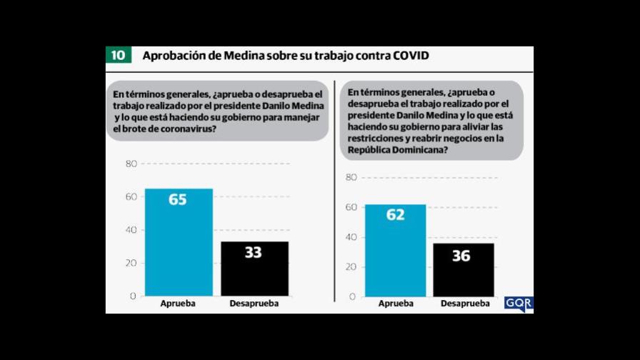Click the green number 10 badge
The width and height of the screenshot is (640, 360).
pos(119,56)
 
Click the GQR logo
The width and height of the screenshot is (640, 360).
pos(519,303)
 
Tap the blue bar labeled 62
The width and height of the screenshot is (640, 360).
pos(395,250)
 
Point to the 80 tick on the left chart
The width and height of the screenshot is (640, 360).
pos(131,164)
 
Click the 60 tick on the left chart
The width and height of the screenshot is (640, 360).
pos(131,196)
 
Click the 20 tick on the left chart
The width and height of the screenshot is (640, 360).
pos(131,263)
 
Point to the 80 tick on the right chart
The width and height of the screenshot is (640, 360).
pos(351,177)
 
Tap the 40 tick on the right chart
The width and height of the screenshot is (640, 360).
pos(351,237)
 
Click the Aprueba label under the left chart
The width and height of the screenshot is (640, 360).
pos(179,304)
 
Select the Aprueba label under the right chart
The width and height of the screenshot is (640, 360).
pos(395,304)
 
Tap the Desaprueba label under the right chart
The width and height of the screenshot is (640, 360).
pos(465,304)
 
